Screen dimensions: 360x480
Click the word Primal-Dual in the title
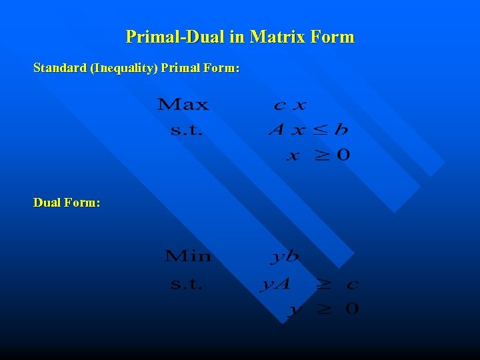[x=176, y=37]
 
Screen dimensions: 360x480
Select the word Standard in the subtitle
[x=60, y=68]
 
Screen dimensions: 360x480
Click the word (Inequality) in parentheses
[x=123, y=68]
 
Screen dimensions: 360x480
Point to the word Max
[x=183, y=105]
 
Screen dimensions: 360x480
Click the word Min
[x=187, y=256]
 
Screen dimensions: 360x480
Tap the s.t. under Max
[x=186, y=130]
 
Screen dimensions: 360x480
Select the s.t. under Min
[x=186, y=284]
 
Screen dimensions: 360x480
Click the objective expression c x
[x=289, y=105]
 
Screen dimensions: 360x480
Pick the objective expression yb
[x=285, y=256]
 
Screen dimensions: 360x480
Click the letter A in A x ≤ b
[x=277, y=129]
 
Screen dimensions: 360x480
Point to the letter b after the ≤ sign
[x=341, y=129]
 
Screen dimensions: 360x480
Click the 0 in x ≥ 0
[x=343, y=155]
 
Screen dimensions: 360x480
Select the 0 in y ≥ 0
[x=352, y=308]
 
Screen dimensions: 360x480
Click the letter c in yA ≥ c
[x=352, y=285]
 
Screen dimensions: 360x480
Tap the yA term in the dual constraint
[x=275, y=285]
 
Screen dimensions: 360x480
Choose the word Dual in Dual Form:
[x=47, y=202]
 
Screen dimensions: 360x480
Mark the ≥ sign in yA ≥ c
[x=323, y=285]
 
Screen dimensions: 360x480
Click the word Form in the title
[x=332, y=37]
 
